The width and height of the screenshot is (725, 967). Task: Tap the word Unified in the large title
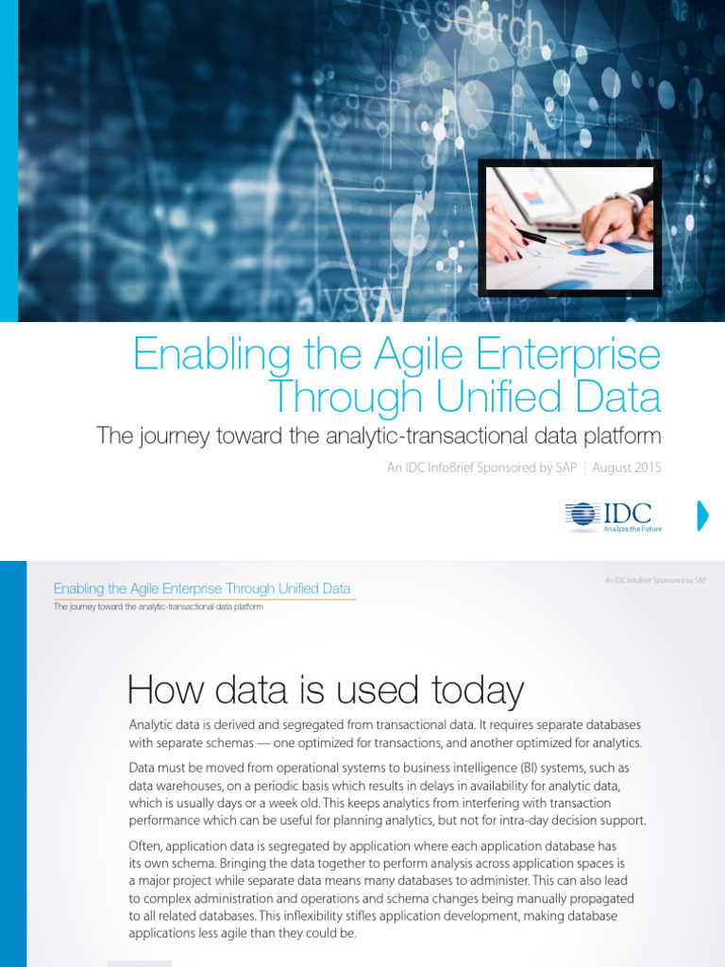point(483,396)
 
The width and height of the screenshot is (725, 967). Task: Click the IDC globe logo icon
point(582,515)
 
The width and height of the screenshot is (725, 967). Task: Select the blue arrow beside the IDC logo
point(701,516)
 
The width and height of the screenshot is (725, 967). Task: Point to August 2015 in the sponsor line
point(627,467)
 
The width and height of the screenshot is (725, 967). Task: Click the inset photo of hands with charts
point(569,228)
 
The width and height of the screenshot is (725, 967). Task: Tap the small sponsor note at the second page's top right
point(655,581)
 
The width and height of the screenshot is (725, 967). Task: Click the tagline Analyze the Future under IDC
point(632,529)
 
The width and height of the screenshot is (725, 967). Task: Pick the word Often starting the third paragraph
point(145,846)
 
